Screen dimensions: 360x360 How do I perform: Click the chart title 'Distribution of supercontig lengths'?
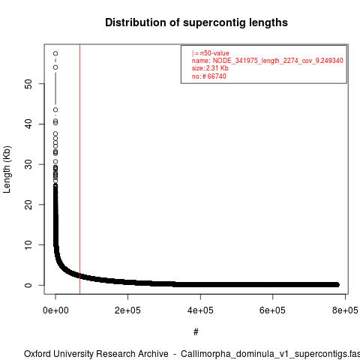[x=196, y=22]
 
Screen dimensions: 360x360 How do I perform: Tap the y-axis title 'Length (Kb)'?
[x=7, y=169]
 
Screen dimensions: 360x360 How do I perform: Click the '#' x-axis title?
[x=196, y=331]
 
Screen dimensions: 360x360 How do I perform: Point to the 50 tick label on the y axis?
[x=28, y=84]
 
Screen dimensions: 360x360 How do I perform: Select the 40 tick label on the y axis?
[x=28, y=124]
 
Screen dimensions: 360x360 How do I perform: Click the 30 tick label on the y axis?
[x=28, y=164]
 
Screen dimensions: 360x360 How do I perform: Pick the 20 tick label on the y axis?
[x=28, y=205]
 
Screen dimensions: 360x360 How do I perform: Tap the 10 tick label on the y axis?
[x=28, y=244]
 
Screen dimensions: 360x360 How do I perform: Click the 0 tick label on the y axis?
[x=28, y=285]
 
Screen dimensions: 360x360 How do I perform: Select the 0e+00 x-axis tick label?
[x=55, y=310]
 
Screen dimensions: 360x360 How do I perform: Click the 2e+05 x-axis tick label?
[x=127, y=310]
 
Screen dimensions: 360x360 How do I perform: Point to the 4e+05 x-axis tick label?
[x=200, y=310]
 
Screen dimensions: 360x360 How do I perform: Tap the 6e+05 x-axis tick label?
[x=272, y=310]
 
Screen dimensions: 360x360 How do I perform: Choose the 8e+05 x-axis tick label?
[x=345, y=310]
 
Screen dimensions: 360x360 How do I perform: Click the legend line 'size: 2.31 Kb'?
[x=210, y=68]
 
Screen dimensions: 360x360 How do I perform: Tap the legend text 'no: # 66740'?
[x=209, y=76]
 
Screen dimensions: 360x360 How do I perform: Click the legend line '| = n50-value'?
[x=211, y=53]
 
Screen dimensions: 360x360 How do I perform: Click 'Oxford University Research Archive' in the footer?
[x=96, y=354]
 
